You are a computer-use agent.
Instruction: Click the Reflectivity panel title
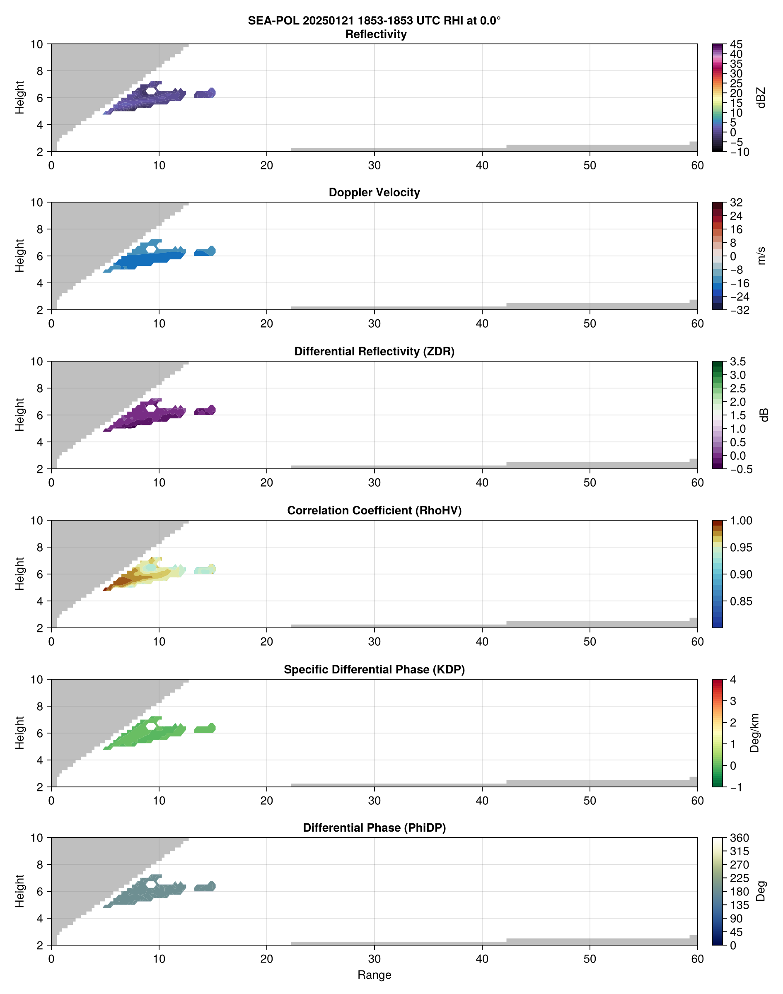click(x=376, y=34)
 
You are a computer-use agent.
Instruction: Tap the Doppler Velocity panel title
click(x=374, y=193)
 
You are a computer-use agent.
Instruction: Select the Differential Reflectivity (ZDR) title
click(x=374, y=352)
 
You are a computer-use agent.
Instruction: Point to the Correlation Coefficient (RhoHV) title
click(x=374, y=511)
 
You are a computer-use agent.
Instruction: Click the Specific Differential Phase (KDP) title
click(x=374, y=670)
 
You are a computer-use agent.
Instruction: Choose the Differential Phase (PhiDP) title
click(x=374, y=828)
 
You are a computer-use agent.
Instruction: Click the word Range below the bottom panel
click(x=374, y=975)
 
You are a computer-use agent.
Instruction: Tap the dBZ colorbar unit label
click(x=761, y=98)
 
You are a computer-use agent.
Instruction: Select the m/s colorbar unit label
click(x=761, y=256)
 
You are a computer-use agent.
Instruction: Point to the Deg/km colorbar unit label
click(x=754, y=733)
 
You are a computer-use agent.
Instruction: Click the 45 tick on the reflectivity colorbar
click(x=736, y=44)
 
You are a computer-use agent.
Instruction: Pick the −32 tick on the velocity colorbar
click(x=739, y=310)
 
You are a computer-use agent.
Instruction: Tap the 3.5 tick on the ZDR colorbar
click(x=737, y=362)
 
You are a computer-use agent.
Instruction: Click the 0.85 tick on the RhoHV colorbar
click(x=741, y=601)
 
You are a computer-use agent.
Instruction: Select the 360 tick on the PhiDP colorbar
click(x=739, y=838)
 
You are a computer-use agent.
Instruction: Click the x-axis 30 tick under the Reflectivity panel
click(x=374, y=165)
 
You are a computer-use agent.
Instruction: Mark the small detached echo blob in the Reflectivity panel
click(x=205, y=93)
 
